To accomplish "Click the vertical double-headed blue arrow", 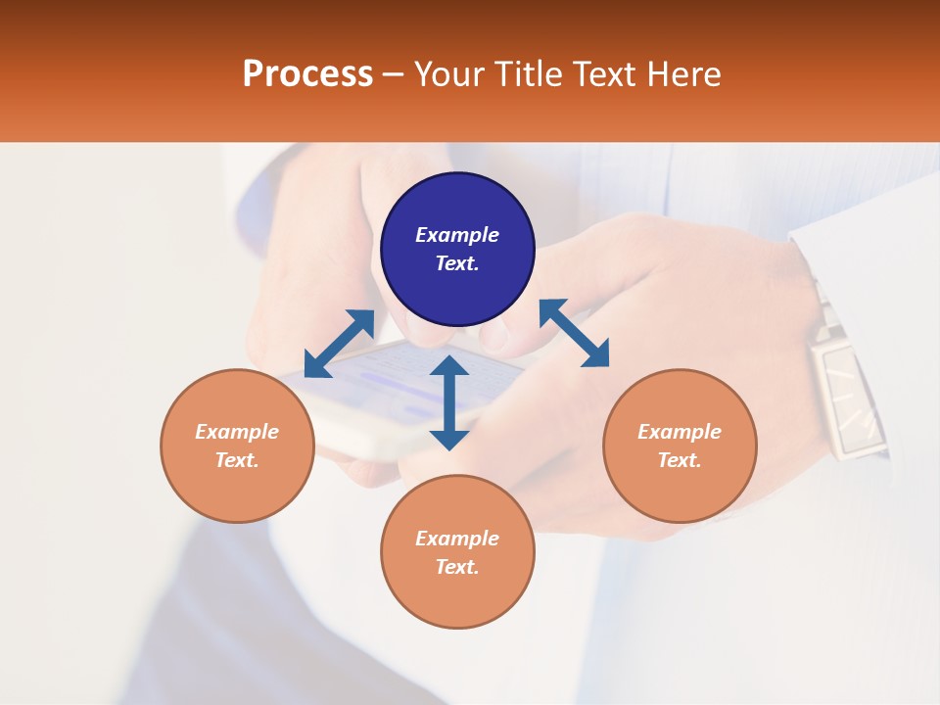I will pos(449,402).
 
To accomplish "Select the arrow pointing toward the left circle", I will pos(339,344).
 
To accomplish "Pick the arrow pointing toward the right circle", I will pos(574,333).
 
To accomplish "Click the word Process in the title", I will pos(307,73).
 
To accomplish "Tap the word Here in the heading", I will pos(681,73).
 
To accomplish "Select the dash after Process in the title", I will pos(393,74).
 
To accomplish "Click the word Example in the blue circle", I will pos(457,235).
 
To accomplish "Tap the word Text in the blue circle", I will pos(456,263).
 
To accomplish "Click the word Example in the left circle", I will pos(237,432).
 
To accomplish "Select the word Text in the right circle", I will pos(679,460).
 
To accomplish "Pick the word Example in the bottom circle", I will pos(457,539).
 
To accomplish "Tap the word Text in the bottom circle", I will pos(456,567).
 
